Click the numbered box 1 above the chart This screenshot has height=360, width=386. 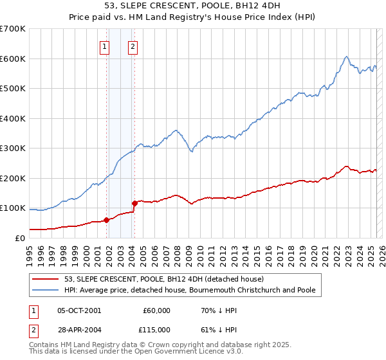click(104, 46)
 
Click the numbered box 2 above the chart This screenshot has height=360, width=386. click(133, 46)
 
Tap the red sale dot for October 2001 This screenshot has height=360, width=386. click(106, 220)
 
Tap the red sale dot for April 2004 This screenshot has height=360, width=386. click(135, 204)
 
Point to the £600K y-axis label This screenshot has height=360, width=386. click(13, 59)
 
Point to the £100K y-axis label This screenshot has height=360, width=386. click(13, 208)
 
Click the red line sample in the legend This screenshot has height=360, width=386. click(46, 279)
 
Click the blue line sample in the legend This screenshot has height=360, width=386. click(46, 290)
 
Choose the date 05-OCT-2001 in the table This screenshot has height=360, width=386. click(79, 310)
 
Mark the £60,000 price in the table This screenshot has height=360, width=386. click(156, 310)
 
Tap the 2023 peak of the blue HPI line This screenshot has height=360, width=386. click(346, 57)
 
